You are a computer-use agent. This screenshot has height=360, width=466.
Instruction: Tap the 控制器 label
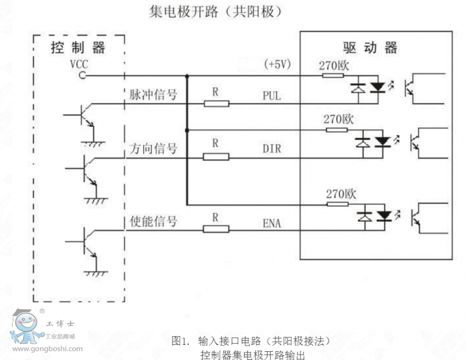point(78,47)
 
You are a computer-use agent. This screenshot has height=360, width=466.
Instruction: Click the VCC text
point(78,64)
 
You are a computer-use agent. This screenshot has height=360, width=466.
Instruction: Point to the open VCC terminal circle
point(82,75)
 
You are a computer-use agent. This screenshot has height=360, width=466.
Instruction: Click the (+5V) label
point(277,64)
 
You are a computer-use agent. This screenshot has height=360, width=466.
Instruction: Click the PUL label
point(271,96)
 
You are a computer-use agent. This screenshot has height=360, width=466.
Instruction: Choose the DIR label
point(271,149)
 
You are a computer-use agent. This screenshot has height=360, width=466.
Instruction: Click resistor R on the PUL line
point(216,104)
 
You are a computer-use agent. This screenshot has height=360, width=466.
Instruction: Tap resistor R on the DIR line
point(216,157)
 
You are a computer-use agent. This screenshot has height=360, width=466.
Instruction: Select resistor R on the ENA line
point(216,229)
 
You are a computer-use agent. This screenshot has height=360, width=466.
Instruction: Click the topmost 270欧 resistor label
point(334,66)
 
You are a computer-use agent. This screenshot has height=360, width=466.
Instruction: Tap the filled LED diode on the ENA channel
point(383,216)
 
